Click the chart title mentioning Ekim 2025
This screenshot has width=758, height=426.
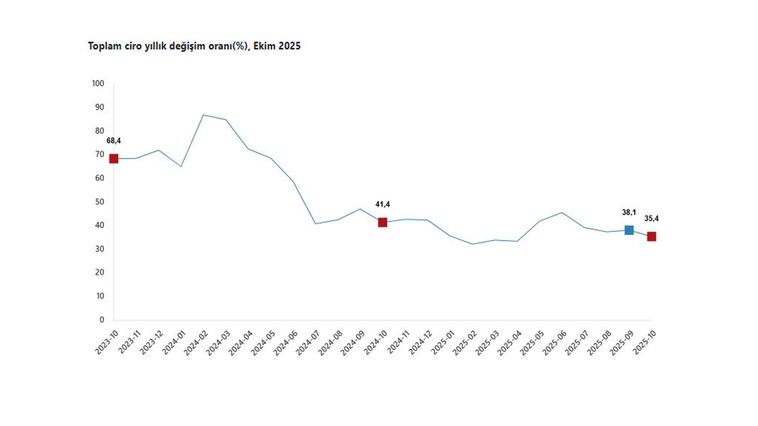194,46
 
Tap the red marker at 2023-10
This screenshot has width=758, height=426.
114,159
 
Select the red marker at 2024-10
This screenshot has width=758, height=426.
383,222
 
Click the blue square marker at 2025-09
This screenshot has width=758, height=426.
629,230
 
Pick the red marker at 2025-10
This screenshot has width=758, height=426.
651,237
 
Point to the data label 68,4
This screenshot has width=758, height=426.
114,141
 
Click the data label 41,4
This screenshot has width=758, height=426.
383,205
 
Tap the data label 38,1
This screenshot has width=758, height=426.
629,212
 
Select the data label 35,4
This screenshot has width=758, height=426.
651,219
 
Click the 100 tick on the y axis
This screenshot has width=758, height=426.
98,84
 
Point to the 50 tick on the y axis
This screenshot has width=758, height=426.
100,202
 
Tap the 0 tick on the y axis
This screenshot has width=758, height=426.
102,320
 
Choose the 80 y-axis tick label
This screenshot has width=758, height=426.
100,131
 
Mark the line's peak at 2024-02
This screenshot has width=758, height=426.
203,115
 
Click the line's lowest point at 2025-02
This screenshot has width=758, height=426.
472,244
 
